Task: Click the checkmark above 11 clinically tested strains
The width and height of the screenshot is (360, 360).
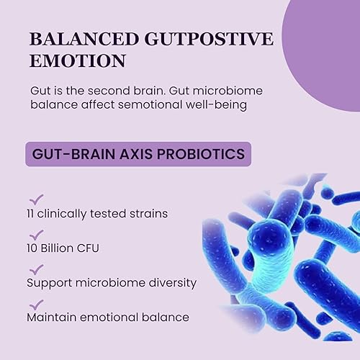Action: point(36,199)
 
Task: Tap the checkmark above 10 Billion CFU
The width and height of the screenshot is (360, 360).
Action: point(36,233)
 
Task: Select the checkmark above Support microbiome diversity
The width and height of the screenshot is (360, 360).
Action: point(36,268)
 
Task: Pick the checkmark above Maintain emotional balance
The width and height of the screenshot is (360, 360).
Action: point(36,302)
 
